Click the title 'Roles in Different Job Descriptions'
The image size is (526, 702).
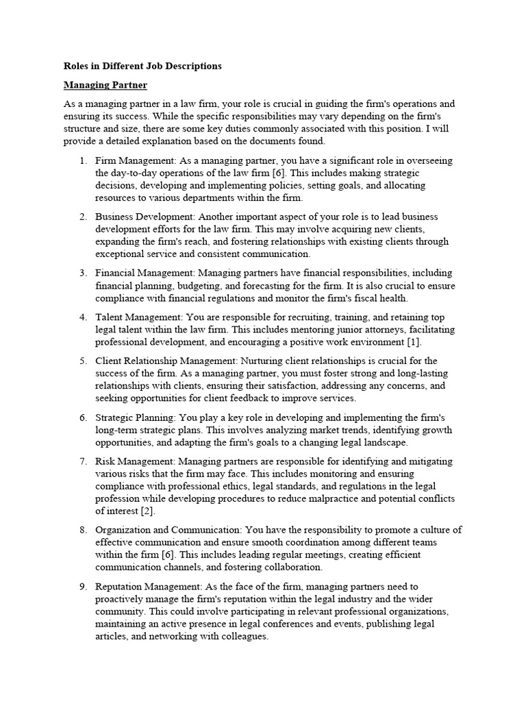(142, 66)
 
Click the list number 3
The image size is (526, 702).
(82, 273)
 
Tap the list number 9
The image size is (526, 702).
(82, 587)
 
